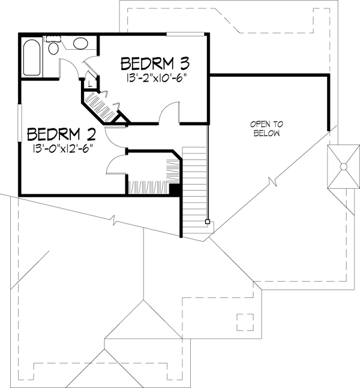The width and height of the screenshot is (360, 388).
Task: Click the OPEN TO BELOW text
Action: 266,129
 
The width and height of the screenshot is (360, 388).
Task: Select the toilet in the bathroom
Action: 55,47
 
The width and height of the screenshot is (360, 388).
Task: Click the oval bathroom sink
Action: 79,43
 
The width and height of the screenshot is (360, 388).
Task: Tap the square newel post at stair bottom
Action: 208,222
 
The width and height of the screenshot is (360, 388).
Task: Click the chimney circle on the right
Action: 343,166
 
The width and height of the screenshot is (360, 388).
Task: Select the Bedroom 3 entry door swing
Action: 170,113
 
